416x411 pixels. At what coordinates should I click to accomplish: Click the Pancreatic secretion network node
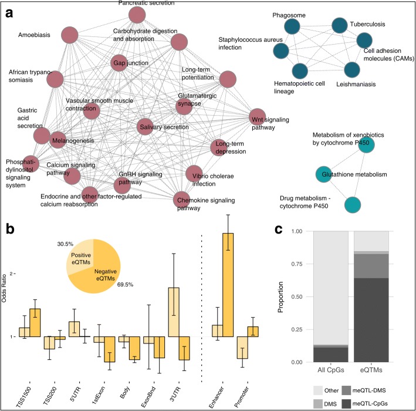coord(137,15)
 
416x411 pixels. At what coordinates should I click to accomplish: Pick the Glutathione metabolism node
coord(324,174)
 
